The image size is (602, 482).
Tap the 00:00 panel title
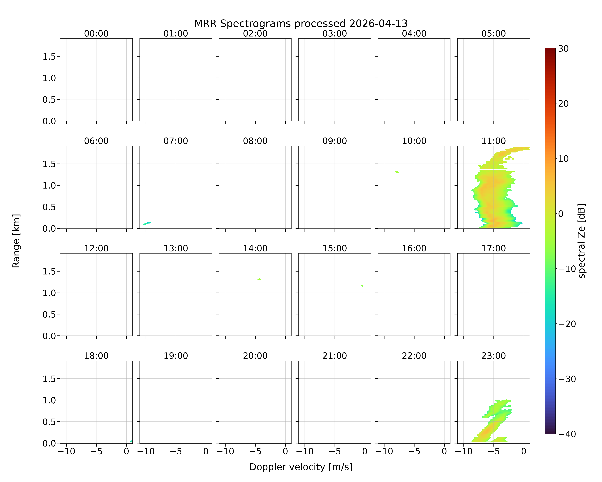click(x=96, y=34)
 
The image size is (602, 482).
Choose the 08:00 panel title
click(x=255, y=141)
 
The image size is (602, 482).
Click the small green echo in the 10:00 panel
click(x=397, y=172)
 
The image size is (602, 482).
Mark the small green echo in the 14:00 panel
click(x=259, y=279)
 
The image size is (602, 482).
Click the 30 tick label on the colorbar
click(x=563, y=49)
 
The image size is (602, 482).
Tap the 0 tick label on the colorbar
click(x=561, y=214)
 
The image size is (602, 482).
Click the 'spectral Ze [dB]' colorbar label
click(x=582, y=241)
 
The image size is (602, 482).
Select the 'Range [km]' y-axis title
click(x=16, y=241)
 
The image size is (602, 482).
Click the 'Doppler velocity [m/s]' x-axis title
click(x=301, y=467)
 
